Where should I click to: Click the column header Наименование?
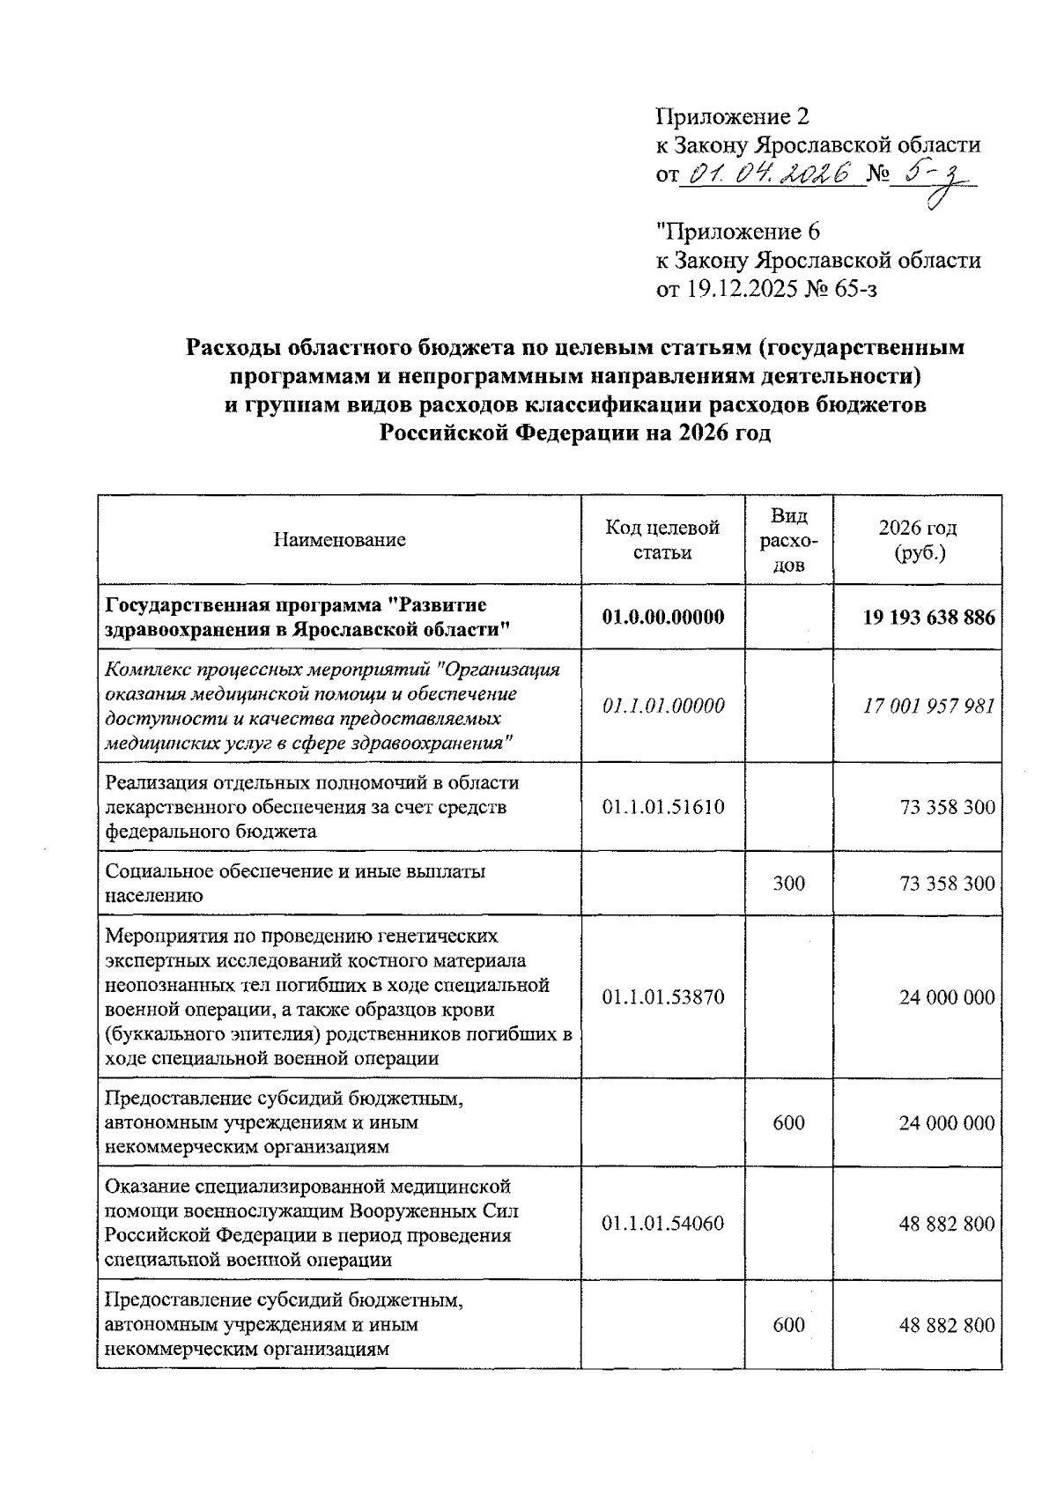pos(339,540)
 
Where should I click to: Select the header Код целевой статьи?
pos(662,540)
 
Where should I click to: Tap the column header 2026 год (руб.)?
pos(917,540)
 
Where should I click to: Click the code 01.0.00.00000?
pos(662,617)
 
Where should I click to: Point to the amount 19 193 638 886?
pos(928,617)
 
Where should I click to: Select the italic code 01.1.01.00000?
pos(662,706)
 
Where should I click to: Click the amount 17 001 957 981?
pos(928,706)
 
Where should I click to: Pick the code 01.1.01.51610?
pos(662,806)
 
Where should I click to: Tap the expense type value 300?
pos(788,883)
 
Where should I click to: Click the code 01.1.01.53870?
pos(662,996)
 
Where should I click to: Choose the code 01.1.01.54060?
pos(662,1223)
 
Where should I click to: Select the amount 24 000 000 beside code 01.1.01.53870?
pos(946,996)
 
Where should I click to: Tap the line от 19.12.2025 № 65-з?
pos(766,289)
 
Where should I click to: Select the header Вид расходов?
pos(788,540)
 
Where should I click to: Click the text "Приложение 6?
pos(738,232)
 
